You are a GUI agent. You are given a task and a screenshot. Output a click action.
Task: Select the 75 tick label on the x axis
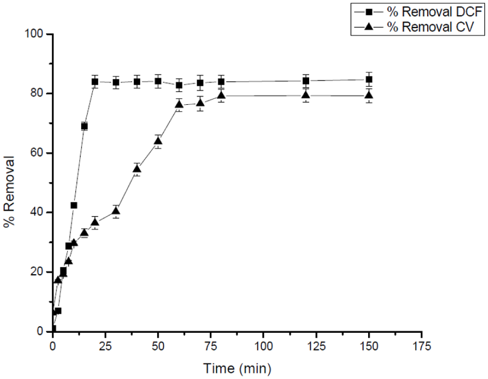[x=211, y=346]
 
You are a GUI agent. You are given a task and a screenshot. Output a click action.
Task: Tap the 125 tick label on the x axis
[x=316, y=346]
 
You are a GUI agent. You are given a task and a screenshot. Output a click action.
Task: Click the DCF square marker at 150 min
[x=369, y=79]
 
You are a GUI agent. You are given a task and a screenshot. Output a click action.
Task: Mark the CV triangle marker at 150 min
[x=369, y=95]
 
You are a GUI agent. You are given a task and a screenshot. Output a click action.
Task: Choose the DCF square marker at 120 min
[x=306, y=81]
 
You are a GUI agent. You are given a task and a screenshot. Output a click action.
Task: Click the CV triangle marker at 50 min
[x=158, y=141]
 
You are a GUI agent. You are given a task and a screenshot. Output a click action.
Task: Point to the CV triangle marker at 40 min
[x=137, y=169]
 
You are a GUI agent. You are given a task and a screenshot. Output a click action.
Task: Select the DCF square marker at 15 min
[x=85, y=126]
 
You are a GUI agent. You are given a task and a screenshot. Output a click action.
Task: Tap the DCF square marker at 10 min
[x=74, y=205]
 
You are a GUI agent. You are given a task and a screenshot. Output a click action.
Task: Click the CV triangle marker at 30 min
[x=116, y=211]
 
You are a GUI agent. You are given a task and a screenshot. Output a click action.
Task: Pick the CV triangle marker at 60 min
[x=179, y=104]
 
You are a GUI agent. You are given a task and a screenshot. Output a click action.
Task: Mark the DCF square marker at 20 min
[x=95, y=82]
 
